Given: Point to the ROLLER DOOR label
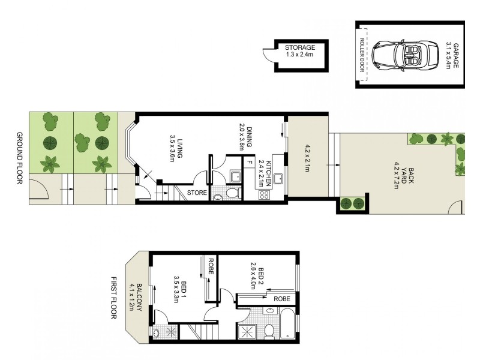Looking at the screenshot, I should (x=362, y=55).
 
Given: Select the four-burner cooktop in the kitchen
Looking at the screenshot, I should (x=264, y=194).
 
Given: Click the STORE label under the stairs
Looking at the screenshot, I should (x=197, y=193).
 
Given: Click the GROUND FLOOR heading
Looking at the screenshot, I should (x=19, y=158).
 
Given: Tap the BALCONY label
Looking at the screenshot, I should (x=139, y=297).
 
